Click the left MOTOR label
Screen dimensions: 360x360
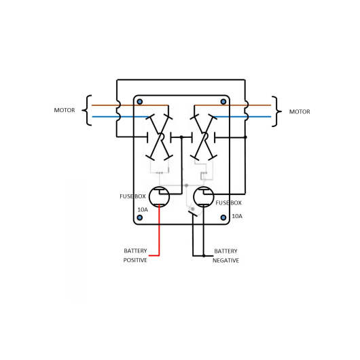coord(65,110)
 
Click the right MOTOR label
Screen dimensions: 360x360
coord(300,112)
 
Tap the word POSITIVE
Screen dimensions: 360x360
coord(135,260)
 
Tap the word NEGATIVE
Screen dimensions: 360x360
coord(226,260)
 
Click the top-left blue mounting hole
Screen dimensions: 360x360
coord(140,101)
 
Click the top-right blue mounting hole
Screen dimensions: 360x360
coord(223,101)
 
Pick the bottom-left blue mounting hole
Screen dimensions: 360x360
coord(140,217)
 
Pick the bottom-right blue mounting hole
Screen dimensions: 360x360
coord(223,217)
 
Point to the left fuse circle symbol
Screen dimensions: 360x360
coord(149,197)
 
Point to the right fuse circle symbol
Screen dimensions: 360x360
coord(194,197)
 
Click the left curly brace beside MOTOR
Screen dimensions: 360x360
coord(87,110)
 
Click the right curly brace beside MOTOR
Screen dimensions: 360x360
coord(277,111)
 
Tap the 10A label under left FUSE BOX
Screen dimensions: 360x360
coord(143,210)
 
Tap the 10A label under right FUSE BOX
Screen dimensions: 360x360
coord(237,216)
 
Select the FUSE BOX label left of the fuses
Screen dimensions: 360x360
coord(132,196)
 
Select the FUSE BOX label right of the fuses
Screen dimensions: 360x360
coord(229,202)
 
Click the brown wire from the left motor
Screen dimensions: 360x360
coord(130,105)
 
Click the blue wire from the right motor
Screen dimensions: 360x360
coord(242,117)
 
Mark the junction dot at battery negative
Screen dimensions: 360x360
coord(204,256)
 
